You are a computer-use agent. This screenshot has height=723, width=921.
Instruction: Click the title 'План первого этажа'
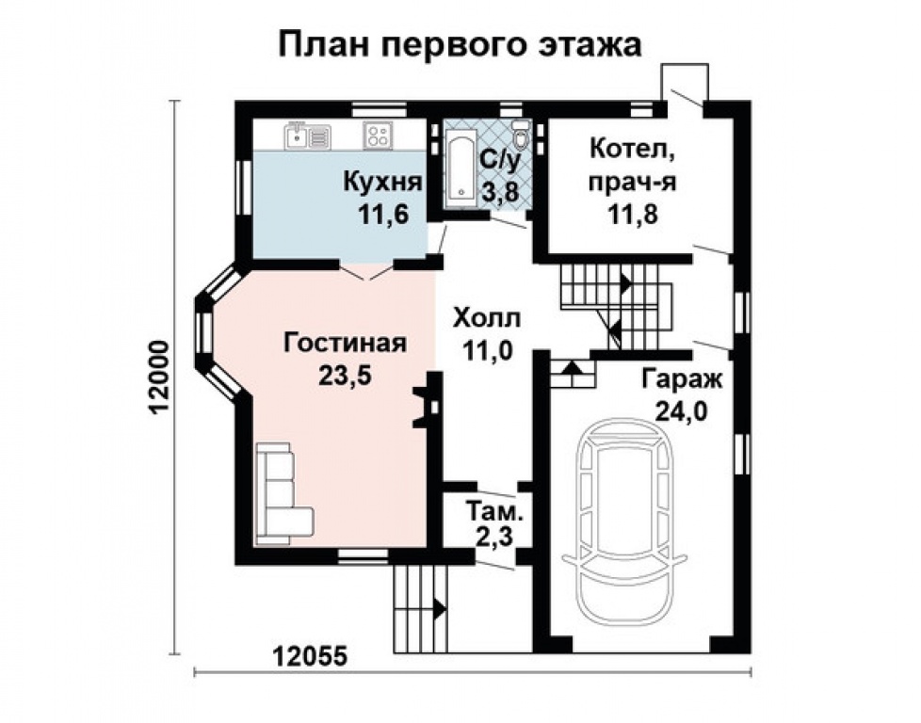(x=460, y=45)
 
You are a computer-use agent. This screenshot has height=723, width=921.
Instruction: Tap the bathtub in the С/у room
(x=461, y=169)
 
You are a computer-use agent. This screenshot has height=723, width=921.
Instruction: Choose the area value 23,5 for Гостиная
(x=345, y=375)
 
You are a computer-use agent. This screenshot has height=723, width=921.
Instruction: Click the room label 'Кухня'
(x=380, y=181)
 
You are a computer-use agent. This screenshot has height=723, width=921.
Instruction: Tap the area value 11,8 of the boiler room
(x=629, y=213)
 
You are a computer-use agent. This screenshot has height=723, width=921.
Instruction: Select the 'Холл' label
(x=486, y=319)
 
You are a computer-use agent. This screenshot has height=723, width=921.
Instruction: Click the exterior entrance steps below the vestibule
(x=419, y=607)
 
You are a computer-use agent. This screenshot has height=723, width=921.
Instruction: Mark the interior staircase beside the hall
(x=617, y=306)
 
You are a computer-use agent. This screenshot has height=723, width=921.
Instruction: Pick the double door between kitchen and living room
(x=366, y=270)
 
